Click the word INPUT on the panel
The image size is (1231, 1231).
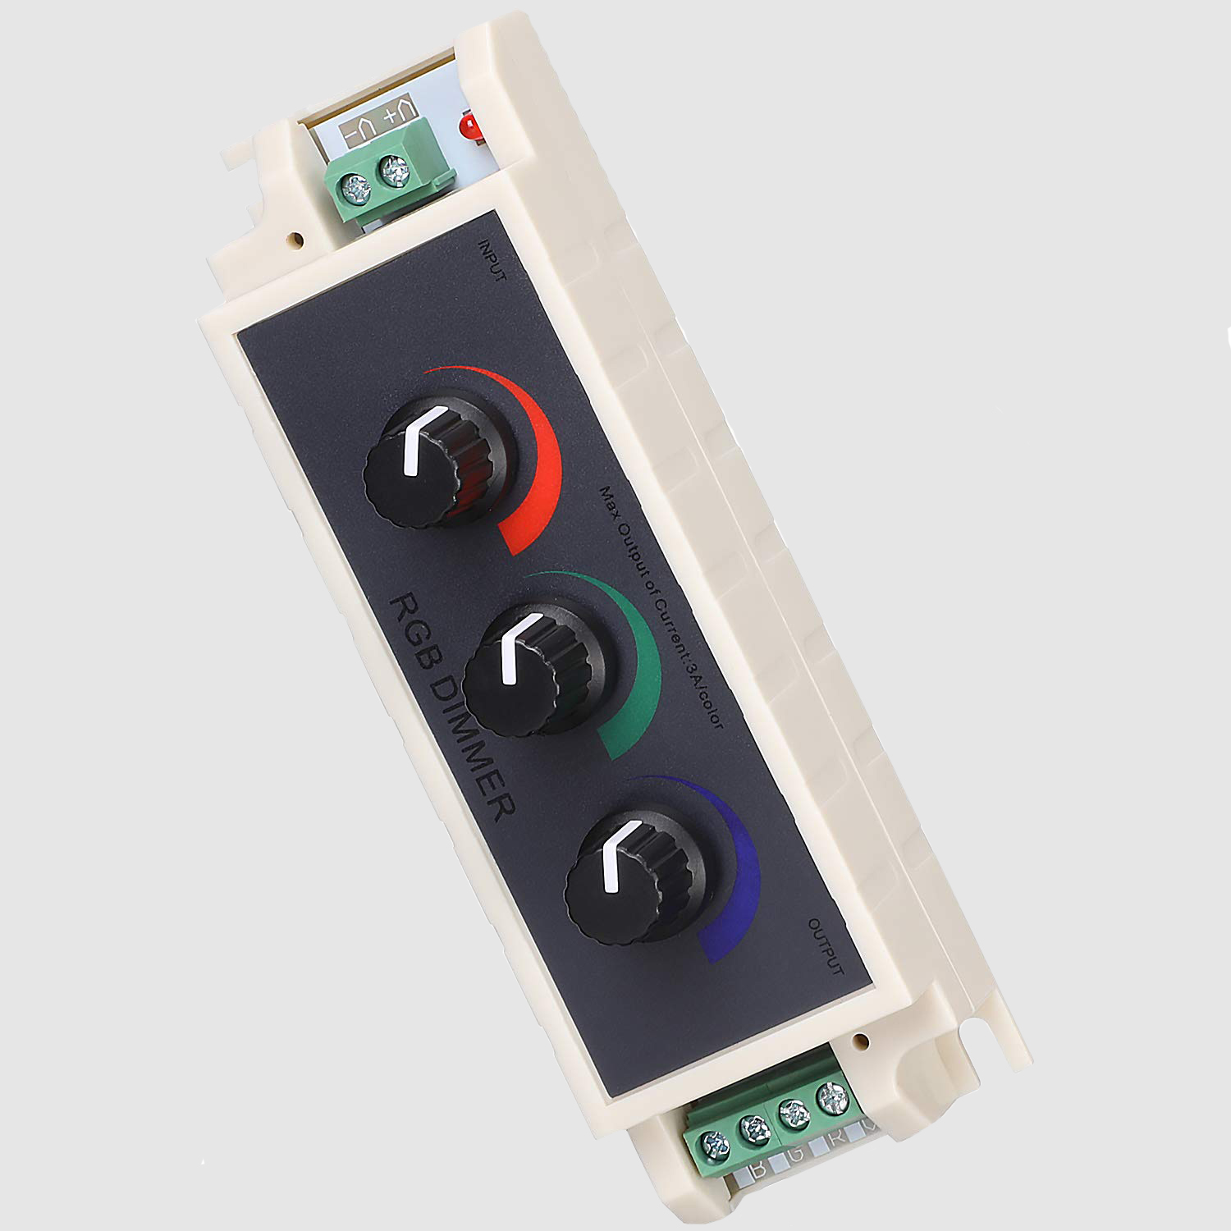[492, 260]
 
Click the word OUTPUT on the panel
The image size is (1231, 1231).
[826, 946]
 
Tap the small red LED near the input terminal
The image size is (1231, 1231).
[470, 126]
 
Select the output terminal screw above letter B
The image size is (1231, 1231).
[716, 1142]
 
